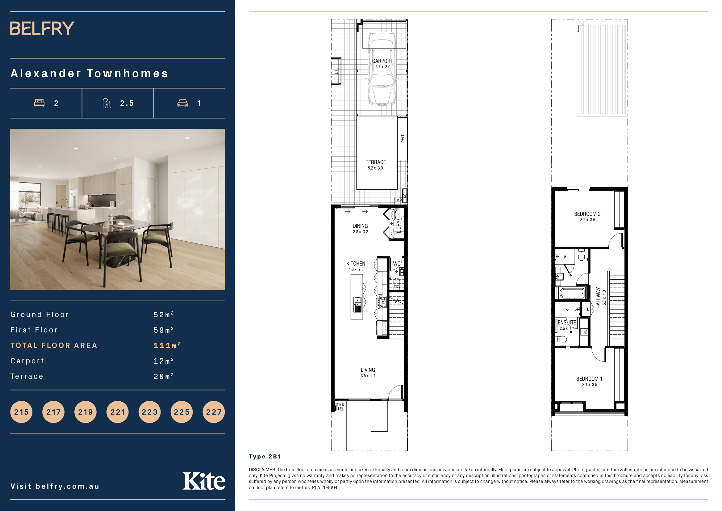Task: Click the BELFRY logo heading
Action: tap(42, 28)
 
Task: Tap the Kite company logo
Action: tap(204, 481)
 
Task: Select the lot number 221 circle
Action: tap(118, 412)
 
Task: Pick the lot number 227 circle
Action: tap(214, 412)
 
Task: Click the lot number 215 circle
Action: tap(21, 412)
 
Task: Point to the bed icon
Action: tap(39, 103)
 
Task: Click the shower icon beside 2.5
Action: tap(107, 103)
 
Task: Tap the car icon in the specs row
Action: tap(183, 103)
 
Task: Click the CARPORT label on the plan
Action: tap(382, 61)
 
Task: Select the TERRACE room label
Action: tap(375, 162)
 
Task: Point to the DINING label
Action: tap(360, 226)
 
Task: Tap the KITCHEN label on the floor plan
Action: tap(356, 264)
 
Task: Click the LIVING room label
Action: tap(368, 370)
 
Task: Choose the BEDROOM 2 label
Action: tap(587, 214)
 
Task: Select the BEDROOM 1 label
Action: tap(589, 379)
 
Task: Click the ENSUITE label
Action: tap(567, 323)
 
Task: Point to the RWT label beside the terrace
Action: tap(403, 138)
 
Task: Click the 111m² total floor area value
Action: tap(167, 345)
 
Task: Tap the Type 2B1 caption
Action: tap(265, 457)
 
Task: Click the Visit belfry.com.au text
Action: tap(55, 487)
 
